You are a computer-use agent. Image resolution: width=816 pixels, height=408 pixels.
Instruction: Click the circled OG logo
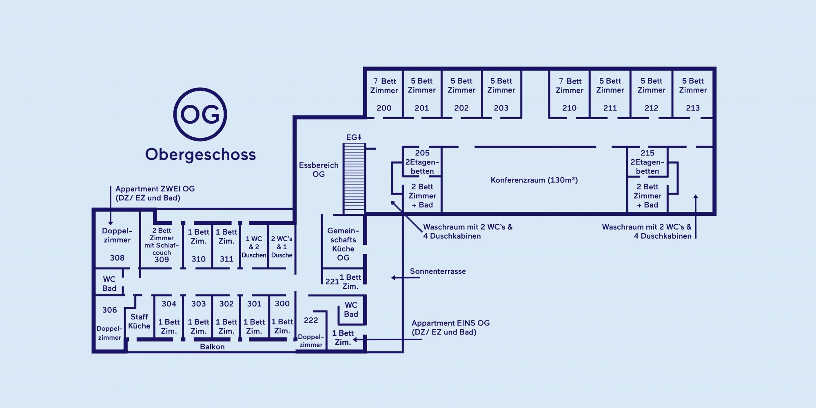tap(200, 114)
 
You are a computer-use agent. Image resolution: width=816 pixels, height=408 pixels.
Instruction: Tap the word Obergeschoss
tap(200, 155)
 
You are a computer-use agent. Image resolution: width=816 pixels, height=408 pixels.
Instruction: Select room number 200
tap(384, 108)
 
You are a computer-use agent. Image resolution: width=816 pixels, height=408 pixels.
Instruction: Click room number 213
tap(692, 108)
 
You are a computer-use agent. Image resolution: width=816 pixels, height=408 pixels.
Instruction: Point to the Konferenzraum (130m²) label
tap(534, 180)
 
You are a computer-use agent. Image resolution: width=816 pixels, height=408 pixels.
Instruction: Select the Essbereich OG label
tap(318, 170)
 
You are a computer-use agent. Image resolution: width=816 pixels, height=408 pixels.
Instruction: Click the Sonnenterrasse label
tap(437, 271)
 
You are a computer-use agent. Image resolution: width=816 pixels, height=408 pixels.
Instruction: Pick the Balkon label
tap(212, 347)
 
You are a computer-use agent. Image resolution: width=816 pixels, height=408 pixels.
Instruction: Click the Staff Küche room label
tap(139, 322)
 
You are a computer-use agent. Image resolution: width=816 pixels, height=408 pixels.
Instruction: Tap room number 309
tap(162, 259)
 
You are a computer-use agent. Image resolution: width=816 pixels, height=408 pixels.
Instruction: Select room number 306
tap(109, 310)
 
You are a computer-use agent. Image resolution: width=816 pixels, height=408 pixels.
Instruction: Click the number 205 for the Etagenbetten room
tap(422, 153)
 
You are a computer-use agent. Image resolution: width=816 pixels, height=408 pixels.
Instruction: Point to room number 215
tap(647, 153)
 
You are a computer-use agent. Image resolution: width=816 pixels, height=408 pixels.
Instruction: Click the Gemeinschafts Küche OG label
tap(343, 244)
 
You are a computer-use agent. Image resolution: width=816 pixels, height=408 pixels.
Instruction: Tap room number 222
tap(310, 320)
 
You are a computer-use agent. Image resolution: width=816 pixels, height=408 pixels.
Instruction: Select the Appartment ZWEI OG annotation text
tap(155, 193)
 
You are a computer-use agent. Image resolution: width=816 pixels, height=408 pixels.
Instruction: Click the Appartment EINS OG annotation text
tap(450, 328)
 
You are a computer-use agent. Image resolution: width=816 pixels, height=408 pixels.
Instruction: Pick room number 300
tap(282, 304)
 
